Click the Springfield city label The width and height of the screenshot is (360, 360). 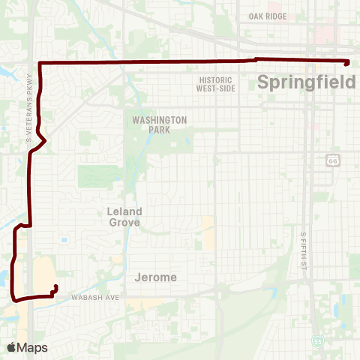tap(306, 82)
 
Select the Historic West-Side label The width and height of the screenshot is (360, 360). tap(217, 84)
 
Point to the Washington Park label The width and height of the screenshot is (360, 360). tap(159, 124)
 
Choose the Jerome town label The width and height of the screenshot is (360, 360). tap(156, 277)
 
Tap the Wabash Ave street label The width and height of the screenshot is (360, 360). tap(95, 298)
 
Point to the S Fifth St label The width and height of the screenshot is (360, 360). tap(304, 250)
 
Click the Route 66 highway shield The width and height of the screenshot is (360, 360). tap(333, 160)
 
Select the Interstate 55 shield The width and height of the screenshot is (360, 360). tap(319, 342)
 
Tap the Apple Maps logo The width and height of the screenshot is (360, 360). tap(27, 347)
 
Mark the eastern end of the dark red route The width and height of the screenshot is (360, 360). tap(348, 63)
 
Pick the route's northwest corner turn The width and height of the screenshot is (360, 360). tap(39, 62)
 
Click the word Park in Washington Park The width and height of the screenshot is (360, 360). tap(159, 130)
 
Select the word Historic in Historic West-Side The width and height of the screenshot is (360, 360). tap(217, 79)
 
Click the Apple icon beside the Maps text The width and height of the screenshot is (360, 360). tap(11, 347)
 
